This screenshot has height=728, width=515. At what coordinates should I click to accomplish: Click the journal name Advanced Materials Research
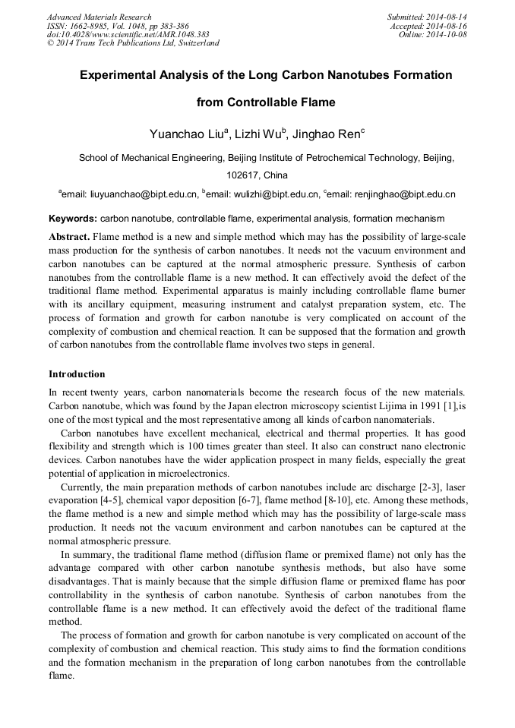click(x=99, y=17)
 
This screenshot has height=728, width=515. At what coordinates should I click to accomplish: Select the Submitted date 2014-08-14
click(x=446, y=17)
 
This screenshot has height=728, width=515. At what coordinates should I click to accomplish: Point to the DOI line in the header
click(x=128, y=34)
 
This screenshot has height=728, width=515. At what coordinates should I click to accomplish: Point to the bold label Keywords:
click(x=73, y=219)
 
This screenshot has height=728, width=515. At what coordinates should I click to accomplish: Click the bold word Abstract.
click(x=69, y=237)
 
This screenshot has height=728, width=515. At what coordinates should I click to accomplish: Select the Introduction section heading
click(x=77, y=374)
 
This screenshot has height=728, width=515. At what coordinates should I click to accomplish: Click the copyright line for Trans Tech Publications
click(x=133, y=43)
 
